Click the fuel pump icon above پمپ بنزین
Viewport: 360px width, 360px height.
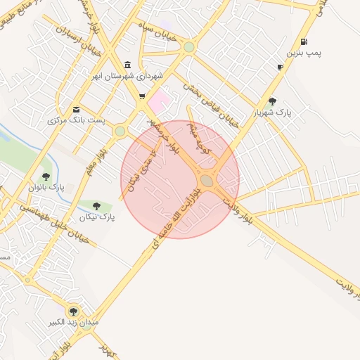304,41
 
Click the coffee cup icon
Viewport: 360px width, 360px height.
281,67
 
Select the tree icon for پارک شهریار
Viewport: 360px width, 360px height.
273,101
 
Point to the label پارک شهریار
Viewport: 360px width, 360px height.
273,112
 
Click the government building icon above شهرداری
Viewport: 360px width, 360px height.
127,64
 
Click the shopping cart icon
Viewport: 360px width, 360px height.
142,96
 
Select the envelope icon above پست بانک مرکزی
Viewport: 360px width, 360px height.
76,109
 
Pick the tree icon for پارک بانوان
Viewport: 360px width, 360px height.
46,176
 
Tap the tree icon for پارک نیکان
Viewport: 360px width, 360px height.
96,206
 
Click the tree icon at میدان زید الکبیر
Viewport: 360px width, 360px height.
73,311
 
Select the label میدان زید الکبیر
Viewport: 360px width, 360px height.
73,322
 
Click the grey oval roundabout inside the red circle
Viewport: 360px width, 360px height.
207,181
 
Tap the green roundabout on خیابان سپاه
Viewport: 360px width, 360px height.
188,47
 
